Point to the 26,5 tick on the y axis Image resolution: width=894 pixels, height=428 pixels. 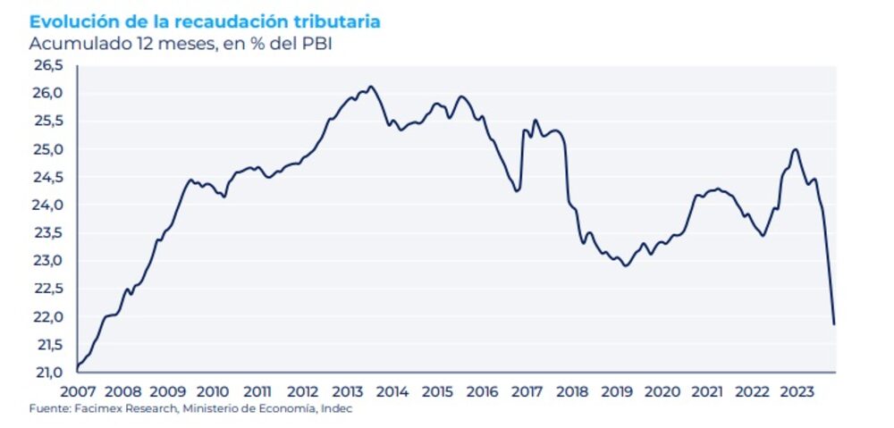[47, 65]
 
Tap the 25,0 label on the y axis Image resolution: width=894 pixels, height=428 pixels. [47, 149]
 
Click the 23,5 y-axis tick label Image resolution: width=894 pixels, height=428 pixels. [47, 233]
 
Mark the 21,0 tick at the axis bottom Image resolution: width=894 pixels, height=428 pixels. [47, 373]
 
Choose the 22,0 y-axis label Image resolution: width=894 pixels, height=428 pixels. [47, 317]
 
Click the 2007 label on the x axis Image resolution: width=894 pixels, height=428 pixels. [77, 391]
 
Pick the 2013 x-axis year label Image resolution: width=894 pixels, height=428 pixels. [347, 391]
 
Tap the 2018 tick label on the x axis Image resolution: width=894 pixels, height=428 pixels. [572, 391]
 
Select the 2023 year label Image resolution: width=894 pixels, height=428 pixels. [797, 391]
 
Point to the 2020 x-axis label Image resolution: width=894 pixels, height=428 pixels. [662, 391]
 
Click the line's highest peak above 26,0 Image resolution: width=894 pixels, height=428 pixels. [371, 87]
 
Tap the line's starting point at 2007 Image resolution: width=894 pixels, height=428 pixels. [78, 367]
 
